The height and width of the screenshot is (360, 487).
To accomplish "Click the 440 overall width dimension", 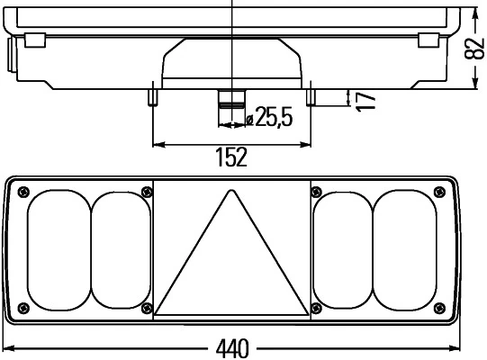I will (233, 347).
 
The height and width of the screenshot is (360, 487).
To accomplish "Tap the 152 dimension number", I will (231, 158).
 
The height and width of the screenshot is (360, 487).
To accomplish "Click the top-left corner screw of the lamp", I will (23, 190).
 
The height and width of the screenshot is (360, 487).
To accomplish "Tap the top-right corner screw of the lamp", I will (440, 190).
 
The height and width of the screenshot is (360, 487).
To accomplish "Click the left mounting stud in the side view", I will (154, 95).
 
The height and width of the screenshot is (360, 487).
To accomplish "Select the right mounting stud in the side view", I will (311, 95).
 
